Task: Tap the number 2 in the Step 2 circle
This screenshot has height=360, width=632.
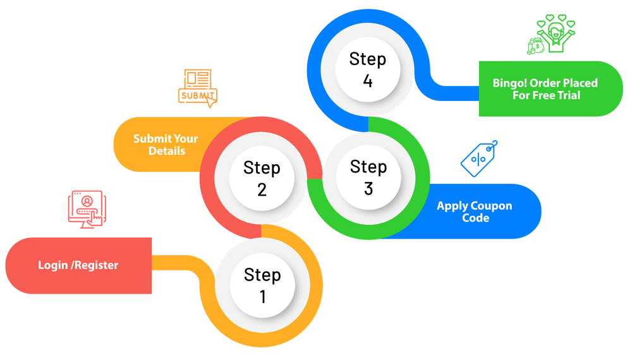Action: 262,189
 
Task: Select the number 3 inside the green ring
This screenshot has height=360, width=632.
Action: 368,188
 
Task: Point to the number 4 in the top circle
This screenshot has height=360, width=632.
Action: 368,80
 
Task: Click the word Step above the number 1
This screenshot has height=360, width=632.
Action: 262,275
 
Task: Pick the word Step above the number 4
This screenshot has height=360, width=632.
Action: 368,59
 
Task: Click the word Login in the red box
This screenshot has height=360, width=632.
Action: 52,265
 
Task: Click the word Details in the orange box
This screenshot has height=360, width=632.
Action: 167,151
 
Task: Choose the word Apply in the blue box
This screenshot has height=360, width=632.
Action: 453,206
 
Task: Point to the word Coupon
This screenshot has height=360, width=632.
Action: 492,206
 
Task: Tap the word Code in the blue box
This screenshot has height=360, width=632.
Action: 475,218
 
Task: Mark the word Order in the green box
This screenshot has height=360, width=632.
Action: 545,83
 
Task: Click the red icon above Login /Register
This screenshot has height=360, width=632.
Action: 87,208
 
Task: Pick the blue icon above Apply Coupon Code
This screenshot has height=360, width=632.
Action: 478,158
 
